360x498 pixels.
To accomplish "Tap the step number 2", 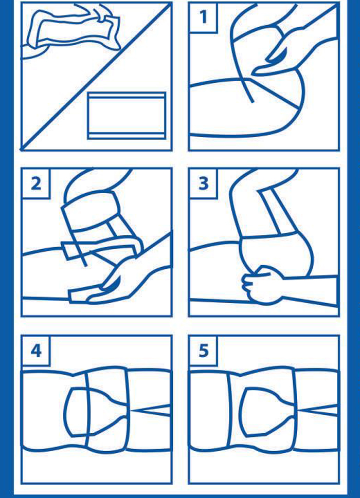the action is coord(36,183).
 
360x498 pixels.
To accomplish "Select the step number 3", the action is coord(203,183).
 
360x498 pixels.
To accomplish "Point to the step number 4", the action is coord(36,351).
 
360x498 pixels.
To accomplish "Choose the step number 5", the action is coord(203,351).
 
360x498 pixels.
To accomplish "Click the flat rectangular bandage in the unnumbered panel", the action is coord(127,116).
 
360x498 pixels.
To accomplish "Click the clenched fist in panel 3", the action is coord(261,285).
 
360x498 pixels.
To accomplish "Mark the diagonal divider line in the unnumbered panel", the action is coord(96,76).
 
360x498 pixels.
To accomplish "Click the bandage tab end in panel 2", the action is coord(68,251).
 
